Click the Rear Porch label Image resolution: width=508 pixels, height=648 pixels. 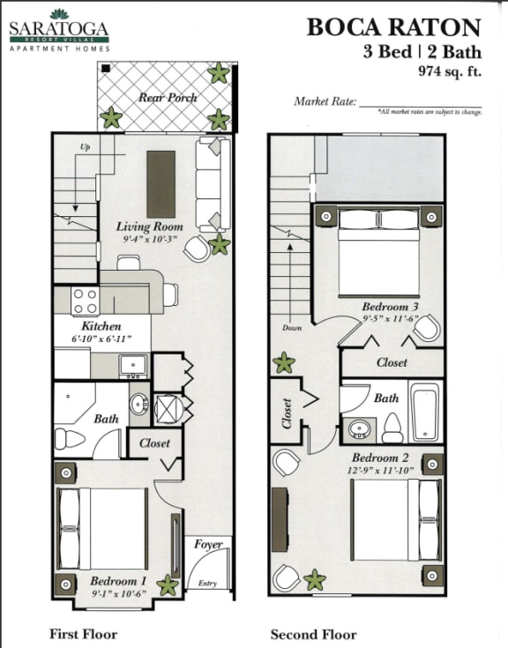pos(168,97)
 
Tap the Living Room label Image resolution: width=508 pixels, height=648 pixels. pos(149,227)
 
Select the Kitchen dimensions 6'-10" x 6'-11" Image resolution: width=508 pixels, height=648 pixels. pos(101,339)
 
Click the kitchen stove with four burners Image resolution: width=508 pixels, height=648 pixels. pos(85,302)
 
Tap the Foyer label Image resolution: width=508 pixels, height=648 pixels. pos(208,545)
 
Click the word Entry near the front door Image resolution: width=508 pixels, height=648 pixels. pos(207,584)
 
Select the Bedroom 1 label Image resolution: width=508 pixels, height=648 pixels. pos(118,581)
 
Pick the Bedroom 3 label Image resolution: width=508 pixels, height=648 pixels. pos(391,307)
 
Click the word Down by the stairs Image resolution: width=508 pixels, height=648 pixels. pos(292,328)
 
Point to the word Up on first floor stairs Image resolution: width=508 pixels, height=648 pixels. pos(86,146)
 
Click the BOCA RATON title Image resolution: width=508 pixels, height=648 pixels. pos(393,27)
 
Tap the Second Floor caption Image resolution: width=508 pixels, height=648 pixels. pos(313,634)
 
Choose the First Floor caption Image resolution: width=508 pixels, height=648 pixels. pos(84,634)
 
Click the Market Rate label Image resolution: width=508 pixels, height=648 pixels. pos(325,101)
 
